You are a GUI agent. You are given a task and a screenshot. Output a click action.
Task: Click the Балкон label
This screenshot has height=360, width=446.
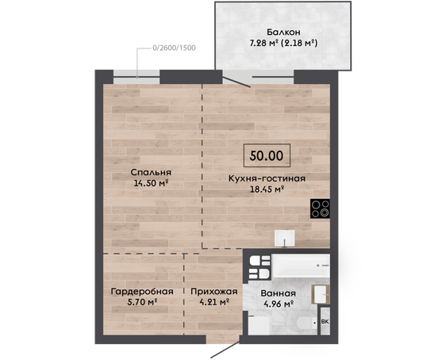click(x=283, y=32)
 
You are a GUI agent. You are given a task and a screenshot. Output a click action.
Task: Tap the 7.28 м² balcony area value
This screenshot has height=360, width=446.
click(x=263, y=43)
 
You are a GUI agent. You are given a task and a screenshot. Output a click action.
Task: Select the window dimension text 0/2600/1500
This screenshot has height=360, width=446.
click(x=174, y=48)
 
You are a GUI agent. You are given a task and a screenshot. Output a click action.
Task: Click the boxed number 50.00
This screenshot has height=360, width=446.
click(x=267, y=155)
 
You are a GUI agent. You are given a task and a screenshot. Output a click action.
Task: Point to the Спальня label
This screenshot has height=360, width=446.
click(x=151, y=172)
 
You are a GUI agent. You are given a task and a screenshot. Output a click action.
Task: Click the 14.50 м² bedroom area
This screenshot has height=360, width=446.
click(x=151, y=183)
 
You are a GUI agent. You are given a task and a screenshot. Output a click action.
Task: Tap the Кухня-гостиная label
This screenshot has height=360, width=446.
click(x=267, y=178)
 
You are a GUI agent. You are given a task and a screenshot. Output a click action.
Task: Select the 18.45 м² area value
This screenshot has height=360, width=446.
click(x=267, y=189)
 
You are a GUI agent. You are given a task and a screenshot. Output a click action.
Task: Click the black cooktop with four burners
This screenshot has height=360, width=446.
click(x=320, y=209)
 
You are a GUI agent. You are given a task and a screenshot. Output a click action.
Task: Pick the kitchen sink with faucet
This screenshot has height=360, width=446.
click(x=284, y=238)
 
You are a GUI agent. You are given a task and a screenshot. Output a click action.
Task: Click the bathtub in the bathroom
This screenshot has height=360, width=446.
click(x=301, y=266)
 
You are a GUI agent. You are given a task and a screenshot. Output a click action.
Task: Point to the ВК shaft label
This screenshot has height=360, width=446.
click(x=325, y=322)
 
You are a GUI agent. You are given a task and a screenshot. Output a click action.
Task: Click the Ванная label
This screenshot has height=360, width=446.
click(x=279, y=293)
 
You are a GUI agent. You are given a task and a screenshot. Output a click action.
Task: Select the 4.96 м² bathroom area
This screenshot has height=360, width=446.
click(x=279, y=304)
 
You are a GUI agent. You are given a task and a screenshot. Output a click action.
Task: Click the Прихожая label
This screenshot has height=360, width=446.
click(x=214, y=292)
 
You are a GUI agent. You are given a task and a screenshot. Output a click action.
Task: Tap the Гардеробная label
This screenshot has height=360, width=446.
click(x=142, y=292)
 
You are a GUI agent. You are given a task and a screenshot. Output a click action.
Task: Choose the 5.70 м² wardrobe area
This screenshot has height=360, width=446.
click(x=143, y=302)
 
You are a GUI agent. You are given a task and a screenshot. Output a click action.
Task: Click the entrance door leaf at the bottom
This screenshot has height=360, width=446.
click(x=225, y=350)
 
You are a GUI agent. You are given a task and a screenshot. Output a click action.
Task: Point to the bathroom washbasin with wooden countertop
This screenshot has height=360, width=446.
click(x=321, y=294)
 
